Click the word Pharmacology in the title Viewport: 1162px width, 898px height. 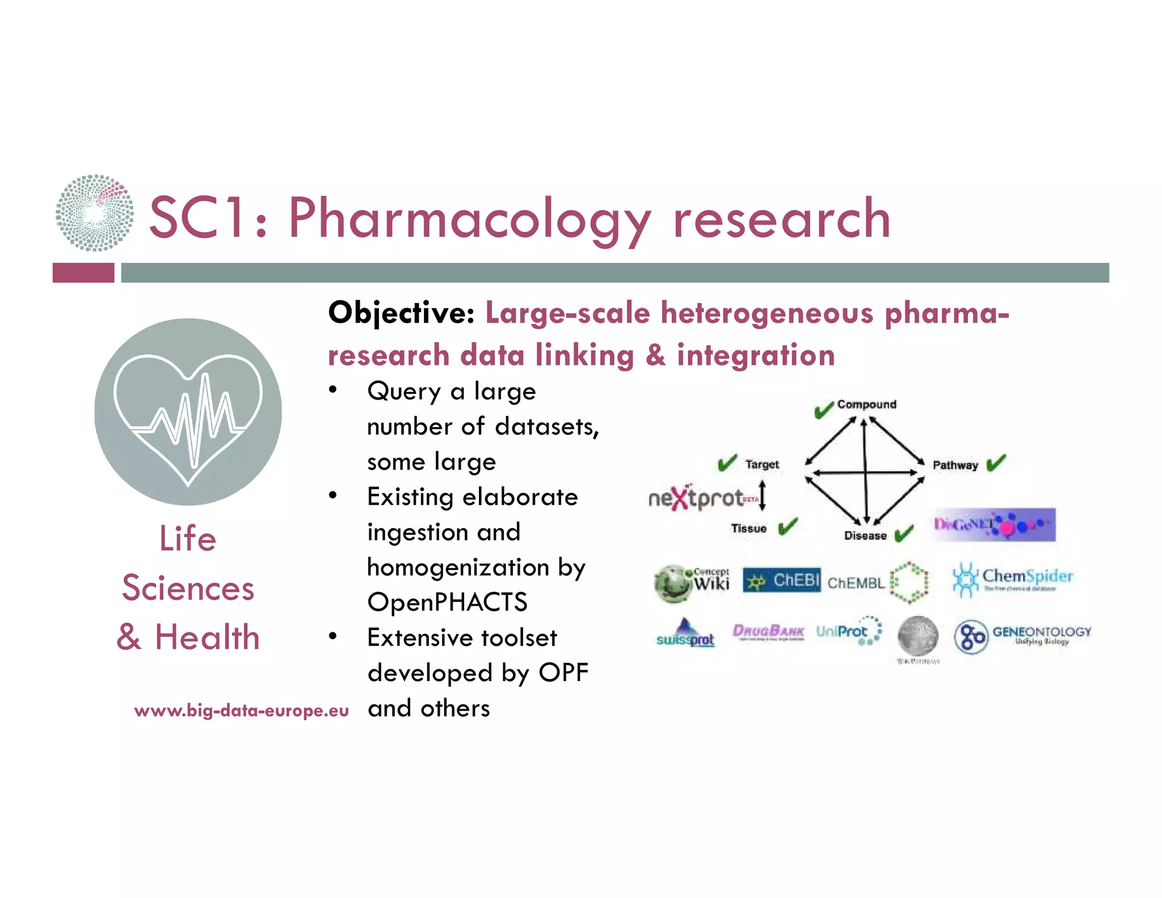point(470,219)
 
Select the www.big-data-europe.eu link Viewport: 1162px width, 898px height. point(241,711)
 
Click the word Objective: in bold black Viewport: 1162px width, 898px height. point(402,313)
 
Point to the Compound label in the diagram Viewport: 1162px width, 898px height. point(866,404)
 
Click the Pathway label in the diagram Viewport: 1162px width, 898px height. point(955,465)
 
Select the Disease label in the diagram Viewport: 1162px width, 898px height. point(865,535)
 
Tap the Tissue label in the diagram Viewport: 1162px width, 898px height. point(748,528)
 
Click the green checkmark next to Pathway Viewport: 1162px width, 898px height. point(996,463)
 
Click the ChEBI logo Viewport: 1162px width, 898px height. point(781,580)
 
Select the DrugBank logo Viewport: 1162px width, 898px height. point(768,632)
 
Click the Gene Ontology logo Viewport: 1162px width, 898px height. point(1022,636)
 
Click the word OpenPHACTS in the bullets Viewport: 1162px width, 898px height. point(447,602)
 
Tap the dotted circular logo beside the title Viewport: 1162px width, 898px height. point(95,213)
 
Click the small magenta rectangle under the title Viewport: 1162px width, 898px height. point(83,272)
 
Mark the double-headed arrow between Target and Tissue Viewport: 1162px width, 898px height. point(763,495)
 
